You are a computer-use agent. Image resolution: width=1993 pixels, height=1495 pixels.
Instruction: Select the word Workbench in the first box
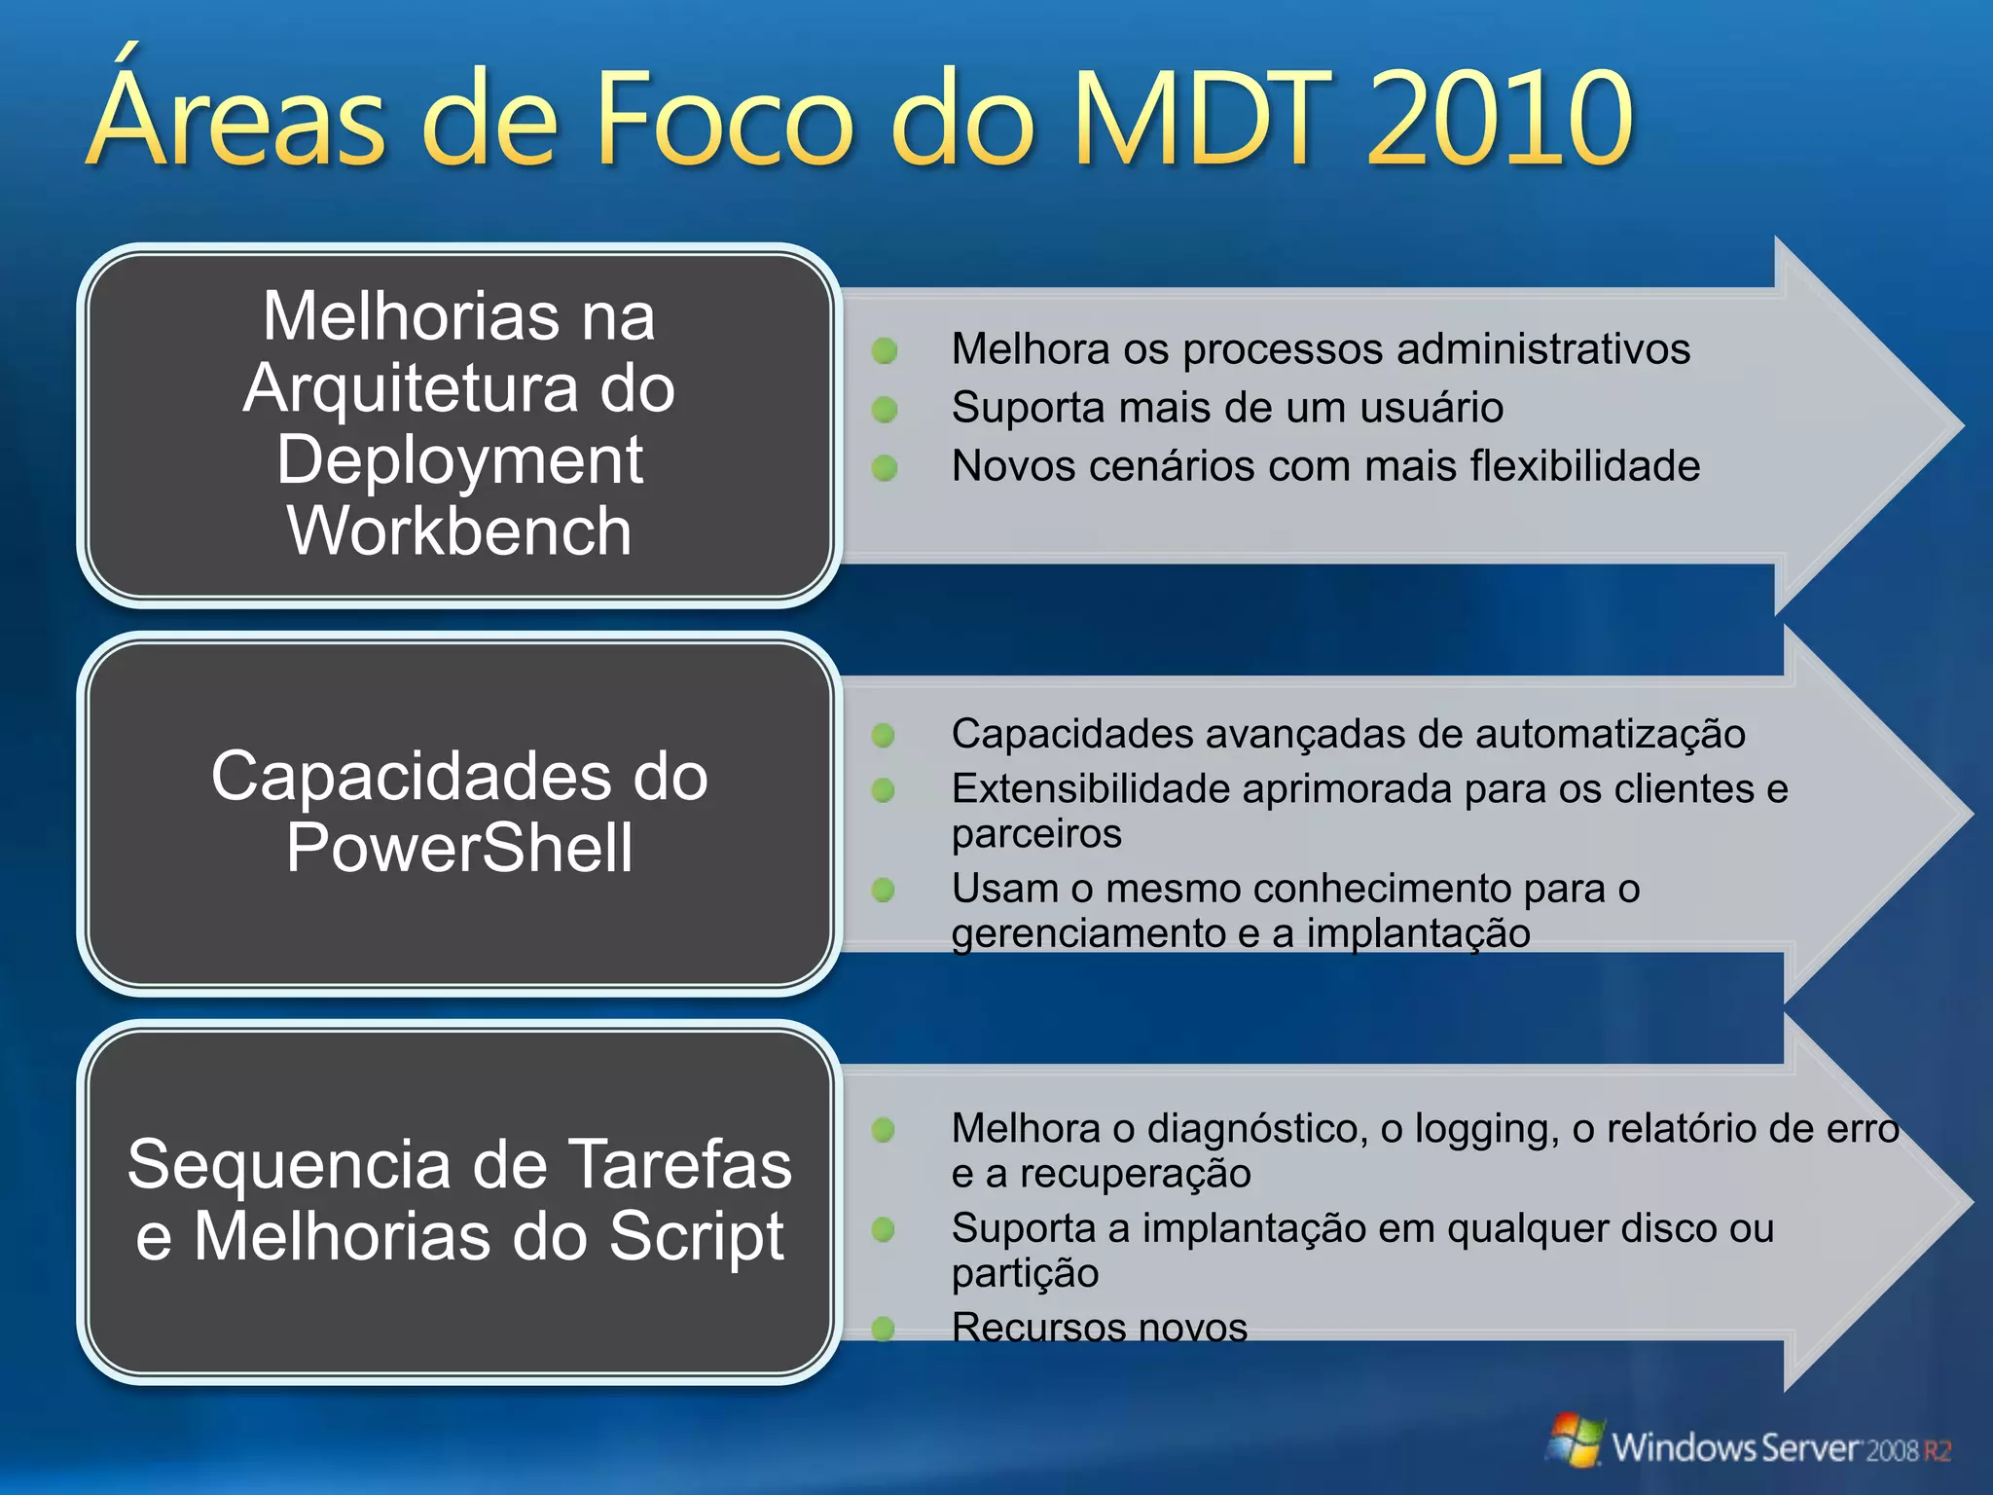pos(459,531)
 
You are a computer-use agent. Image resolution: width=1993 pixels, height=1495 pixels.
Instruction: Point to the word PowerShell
pos(459,848)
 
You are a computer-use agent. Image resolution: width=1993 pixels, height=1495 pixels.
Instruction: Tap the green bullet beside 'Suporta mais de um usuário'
pos(885,410)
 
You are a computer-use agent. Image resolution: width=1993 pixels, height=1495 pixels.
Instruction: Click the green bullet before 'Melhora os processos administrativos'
pos(885,350)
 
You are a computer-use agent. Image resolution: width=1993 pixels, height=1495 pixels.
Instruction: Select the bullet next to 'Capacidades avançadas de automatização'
pos(884,735)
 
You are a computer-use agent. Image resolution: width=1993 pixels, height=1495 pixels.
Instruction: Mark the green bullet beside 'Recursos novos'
pos(884,1329)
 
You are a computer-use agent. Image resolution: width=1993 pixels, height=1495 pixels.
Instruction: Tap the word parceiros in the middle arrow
pos(1036,834)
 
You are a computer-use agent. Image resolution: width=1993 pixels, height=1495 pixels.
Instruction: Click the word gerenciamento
pos(1090,934)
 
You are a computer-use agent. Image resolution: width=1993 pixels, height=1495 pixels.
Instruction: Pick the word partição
pos(1026,1273)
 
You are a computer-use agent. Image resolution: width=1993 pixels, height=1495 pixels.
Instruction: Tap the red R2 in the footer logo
pos(1937,1451)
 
